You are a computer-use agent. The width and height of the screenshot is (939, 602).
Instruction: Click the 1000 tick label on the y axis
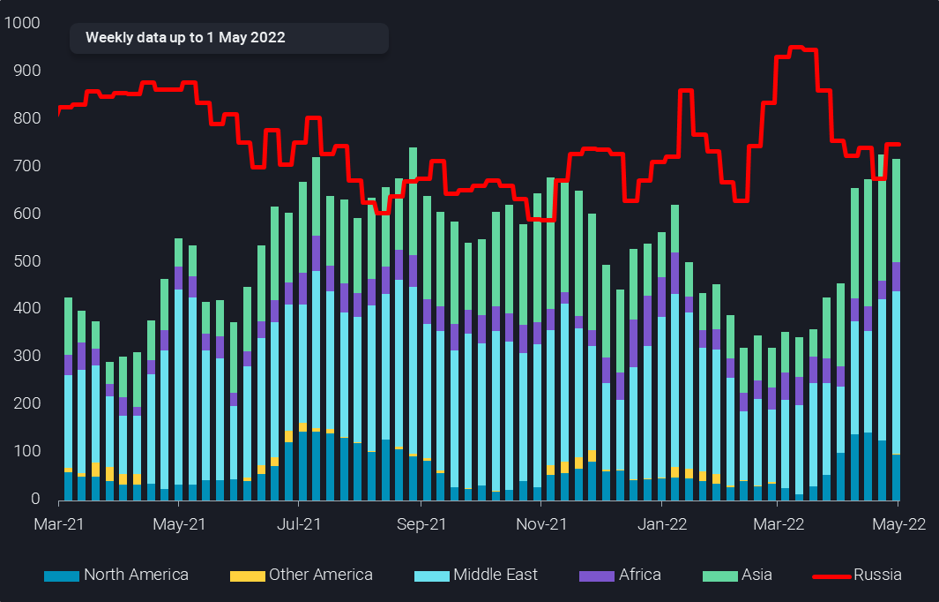coord(23,23)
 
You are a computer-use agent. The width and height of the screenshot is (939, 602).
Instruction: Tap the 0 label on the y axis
coord(36,500)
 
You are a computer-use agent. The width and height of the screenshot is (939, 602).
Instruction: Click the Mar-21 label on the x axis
coord(58,523)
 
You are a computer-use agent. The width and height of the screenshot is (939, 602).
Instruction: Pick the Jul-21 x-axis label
coord(299,523)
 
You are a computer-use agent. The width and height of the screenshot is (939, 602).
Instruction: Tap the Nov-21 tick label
coord(540,523)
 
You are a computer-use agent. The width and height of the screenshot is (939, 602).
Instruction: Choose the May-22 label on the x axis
coord(898,523)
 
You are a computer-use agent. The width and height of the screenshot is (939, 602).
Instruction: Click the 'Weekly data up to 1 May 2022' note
coord(185,38)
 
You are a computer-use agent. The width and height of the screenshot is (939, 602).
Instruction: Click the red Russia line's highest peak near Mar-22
coord(795,48)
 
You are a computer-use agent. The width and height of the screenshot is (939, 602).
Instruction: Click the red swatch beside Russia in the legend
coord(831,576)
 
